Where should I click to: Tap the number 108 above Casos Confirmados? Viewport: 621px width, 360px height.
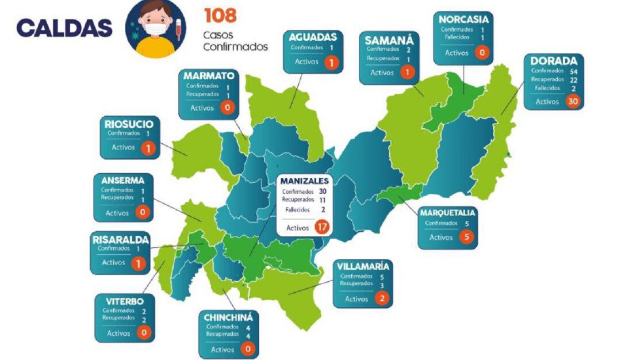[220, 16]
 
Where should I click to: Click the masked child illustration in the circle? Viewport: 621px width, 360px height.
[155, 29]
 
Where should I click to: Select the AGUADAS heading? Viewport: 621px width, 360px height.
[313, 36]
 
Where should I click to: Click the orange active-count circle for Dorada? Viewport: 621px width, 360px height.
[572, 101]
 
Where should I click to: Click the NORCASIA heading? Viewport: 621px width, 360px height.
[463, 19]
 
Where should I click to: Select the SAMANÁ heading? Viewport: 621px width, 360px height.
[389, 40]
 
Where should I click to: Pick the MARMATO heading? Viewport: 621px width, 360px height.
[209, 76]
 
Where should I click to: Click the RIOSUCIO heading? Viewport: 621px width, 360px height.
[129, 124]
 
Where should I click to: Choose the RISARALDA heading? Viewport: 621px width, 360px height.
[121, 239]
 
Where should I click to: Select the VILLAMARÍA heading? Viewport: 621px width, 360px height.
[363, 266]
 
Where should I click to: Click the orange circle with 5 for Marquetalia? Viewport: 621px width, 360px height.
[466, 237]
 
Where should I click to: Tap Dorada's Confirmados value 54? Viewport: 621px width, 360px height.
[573, 70]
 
